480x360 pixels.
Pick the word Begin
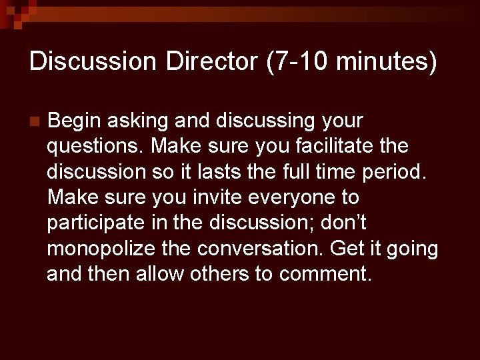pos(74,121)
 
